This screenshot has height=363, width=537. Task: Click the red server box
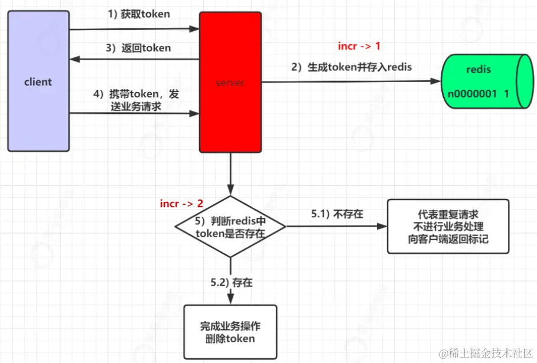(230, 83)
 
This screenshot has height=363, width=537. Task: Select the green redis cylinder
(484, 81)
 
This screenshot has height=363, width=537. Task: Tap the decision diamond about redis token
(230, 227)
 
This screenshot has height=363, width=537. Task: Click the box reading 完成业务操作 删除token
(230, 332)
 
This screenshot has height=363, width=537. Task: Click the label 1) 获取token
(139, 14)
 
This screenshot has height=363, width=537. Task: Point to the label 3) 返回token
(139, 48)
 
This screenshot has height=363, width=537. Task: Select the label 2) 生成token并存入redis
(351, 67)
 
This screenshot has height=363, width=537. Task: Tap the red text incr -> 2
(181, 204)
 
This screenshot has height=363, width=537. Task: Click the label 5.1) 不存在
(337, 214)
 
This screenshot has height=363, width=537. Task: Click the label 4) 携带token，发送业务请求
(136, 100)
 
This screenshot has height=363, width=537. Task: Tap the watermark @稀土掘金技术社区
(484, 352)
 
